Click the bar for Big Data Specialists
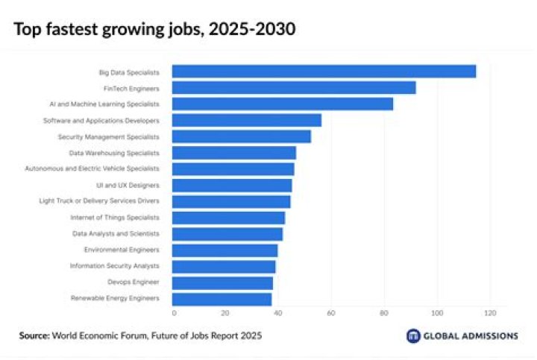point(324,72)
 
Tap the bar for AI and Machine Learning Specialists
point(283,104)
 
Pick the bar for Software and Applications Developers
point(247,121)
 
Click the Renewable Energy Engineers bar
point(222,299)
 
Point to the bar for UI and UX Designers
point(232,185)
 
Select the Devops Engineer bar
point(222,283)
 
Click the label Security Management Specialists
point(108,137)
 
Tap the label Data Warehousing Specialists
point(114,153)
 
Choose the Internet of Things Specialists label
point(115,218)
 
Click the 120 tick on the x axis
point(489,313)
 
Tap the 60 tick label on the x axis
point(331,313)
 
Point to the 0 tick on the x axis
point(174,313)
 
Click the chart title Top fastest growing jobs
point(154,30)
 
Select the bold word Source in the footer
point(34,336)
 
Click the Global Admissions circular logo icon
point(413,336)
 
